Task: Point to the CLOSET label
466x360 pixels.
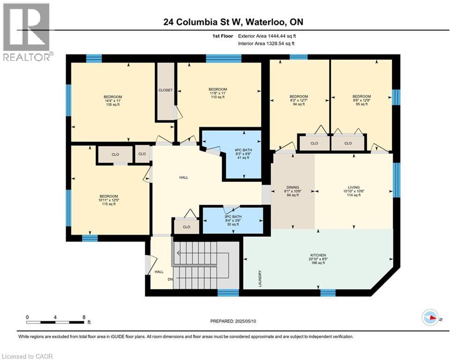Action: tap(165, 90)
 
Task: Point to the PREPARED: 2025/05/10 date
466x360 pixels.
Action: tap(233, 321)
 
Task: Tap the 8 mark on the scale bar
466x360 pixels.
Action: tap(83, 317)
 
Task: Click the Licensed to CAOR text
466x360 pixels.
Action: tap(28, 356)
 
